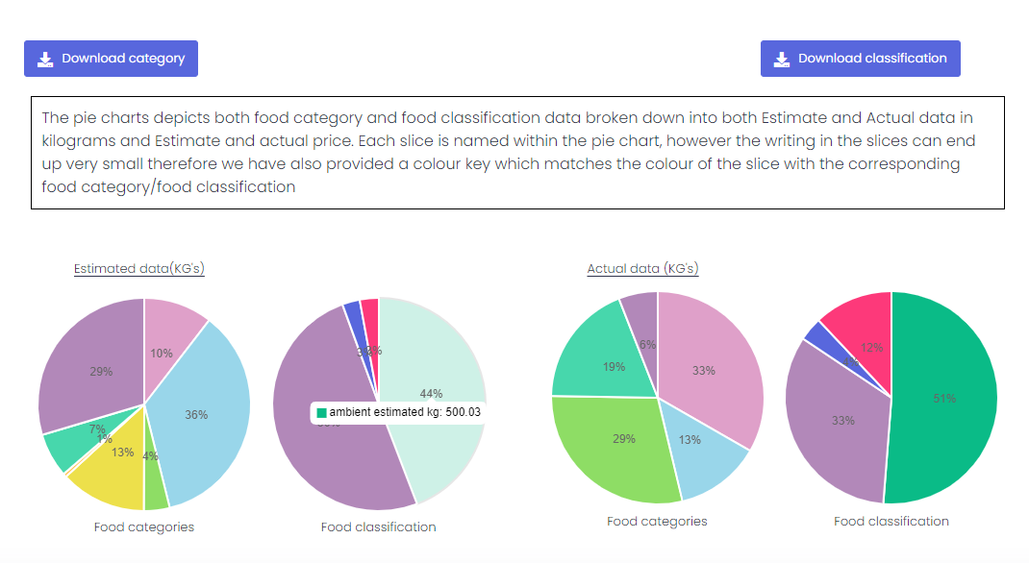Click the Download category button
tap(111, 59)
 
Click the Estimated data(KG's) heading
tap(138, 269)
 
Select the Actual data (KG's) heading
tap(642, 269)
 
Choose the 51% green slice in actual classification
tap(947, 399)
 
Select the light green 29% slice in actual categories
tap(615, 447)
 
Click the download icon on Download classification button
tap(782, 59)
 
